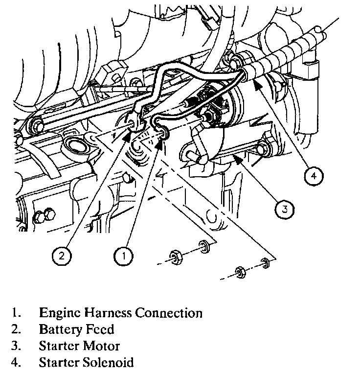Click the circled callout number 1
(124, 255)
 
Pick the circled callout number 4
(314, 175)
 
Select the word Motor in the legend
(101, 346)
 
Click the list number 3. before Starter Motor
(17, 346)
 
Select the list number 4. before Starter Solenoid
(17, 363)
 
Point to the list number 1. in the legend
(17, 312)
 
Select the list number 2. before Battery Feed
(17, 329)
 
